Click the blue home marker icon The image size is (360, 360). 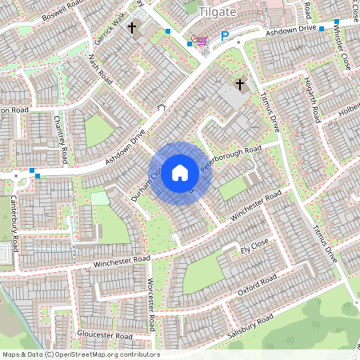point(180,172)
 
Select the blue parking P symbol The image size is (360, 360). point(225,36)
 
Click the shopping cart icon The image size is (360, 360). point(200,40)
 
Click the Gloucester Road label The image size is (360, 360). point(105,335)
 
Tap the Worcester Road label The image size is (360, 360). point(150,305)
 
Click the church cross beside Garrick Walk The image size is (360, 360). point(133,29)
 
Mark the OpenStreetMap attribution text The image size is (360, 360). point(80,354)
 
